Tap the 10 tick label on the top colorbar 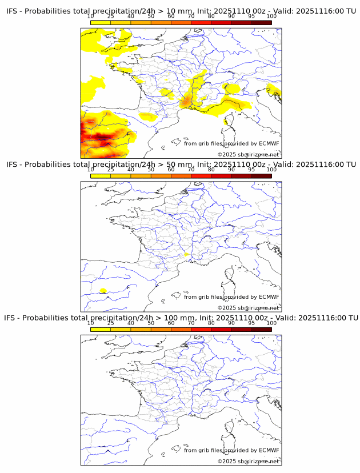pos(91,17)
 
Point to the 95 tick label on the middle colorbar pos(251,170)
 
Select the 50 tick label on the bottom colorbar pos(151,323)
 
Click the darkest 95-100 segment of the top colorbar pos(261,22)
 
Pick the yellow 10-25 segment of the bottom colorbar pos(101,330)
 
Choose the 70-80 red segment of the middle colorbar pos(201,176)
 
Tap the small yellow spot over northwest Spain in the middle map pos(103,291)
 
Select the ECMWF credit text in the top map pos(231,143)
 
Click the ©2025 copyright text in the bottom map pos(248,461)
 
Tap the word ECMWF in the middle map pos(269,297)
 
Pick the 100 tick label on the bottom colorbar pos(271,323)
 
